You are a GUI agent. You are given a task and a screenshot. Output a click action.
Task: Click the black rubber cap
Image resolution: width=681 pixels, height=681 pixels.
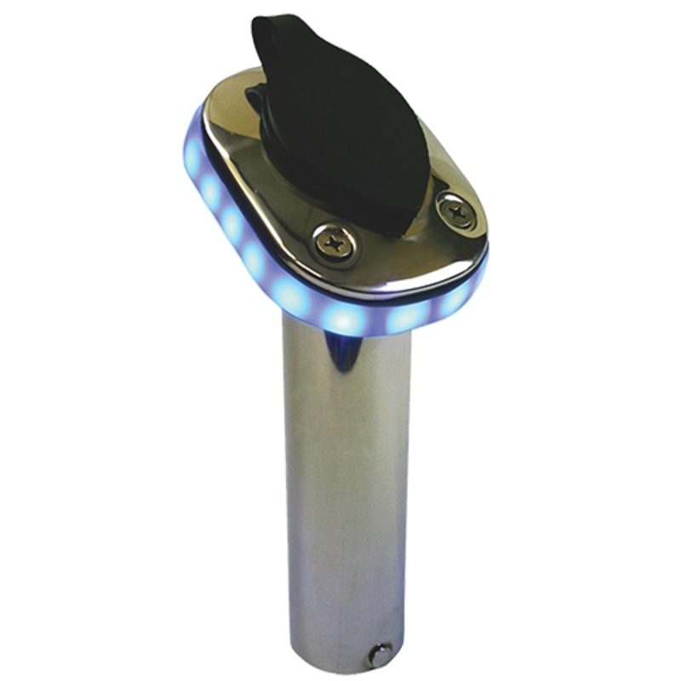point(340,128)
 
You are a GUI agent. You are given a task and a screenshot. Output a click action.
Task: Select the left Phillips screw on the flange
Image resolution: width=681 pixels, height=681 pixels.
point(334,244)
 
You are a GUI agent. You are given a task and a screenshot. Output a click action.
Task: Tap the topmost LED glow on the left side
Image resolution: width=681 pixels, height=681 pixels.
point(193,157)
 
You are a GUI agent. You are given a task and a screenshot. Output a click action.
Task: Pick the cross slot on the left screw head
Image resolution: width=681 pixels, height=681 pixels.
point(334,244)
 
